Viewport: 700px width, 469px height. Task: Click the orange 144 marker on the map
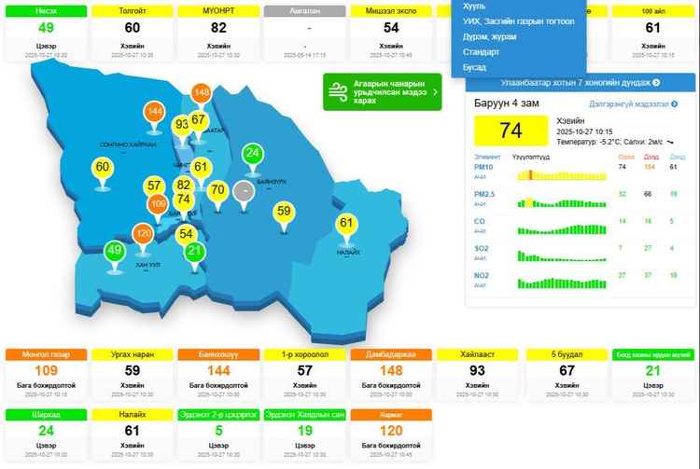pos(155,113)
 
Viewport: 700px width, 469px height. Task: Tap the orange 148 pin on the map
pos(202,93)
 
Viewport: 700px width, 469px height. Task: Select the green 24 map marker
pos(252,153)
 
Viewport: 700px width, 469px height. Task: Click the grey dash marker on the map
pos(244,191)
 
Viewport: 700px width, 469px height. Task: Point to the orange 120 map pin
pos(144,234)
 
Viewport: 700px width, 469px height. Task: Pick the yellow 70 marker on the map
pos(217,191)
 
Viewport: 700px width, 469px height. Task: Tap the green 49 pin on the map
pos(115,251)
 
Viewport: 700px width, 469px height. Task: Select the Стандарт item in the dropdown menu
pos(482,52)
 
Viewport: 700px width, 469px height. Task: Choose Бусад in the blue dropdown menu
pos(474,67)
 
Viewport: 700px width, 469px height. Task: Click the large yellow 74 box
pos(511,131)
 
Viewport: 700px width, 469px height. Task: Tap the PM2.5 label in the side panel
pos(484,193)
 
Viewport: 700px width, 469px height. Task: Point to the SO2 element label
pos(483,248)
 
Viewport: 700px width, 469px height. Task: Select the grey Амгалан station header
pos(305,11)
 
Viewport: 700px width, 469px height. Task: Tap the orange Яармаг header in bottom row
pos(392,414)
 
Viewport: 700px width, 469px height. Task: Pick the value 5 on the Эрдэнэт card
pos(218,431)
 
